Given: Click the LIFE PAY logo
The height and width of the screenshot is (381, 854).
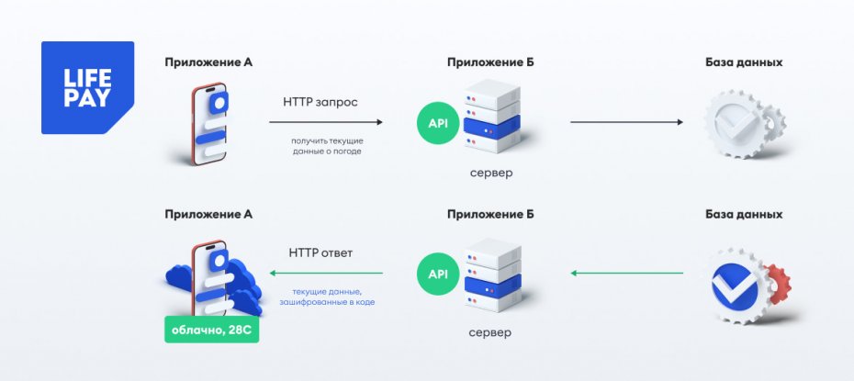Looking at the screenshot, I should point(87,88).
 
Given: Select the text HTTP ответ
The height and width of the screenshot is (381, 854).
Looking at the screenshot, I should point(320,252).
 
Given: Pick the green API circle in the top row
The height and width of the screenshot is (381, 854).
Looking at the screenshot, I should point(438,122).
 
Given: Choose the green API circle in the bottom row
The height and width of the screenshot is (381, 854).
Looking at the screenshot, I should point(438,273).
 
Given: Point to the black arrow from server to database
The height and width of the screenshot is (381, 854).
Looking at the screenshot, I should point(627,121).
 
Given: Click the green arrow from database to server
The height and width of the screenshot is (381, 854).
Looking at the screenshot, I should point(627,273).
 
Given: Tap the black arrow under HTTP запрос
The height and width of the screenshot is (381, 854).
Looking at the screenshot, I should point(326,121).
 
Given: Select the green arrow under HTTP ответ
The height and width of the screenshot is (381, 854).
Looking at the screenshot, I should point(326,273).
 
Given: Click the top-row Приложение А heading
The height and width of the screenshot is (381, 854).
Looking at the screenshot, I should point(208,62).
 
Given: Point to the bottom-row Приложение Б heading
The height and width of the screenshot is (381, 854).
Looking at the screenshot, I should point(490,214).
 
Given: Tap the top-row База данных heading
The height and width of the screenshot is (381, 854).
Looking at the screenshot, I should point(744,62).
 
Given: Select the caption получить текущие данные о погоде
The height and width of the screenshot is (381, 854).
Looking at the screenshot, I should point(327,144).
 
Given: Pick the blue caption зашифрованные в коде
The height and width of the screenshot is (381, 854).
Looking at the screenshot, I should point(328,301).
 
